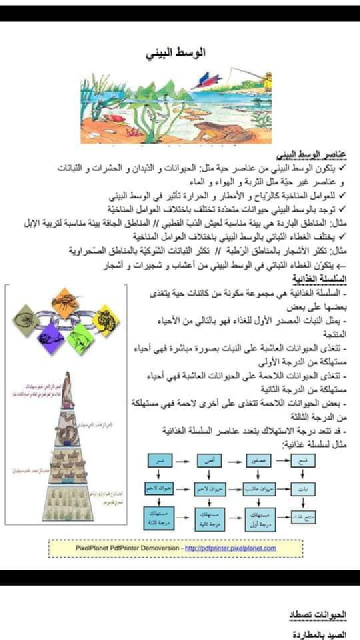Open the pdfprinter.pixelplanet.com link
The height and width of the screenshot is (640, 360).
(230, 548)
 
